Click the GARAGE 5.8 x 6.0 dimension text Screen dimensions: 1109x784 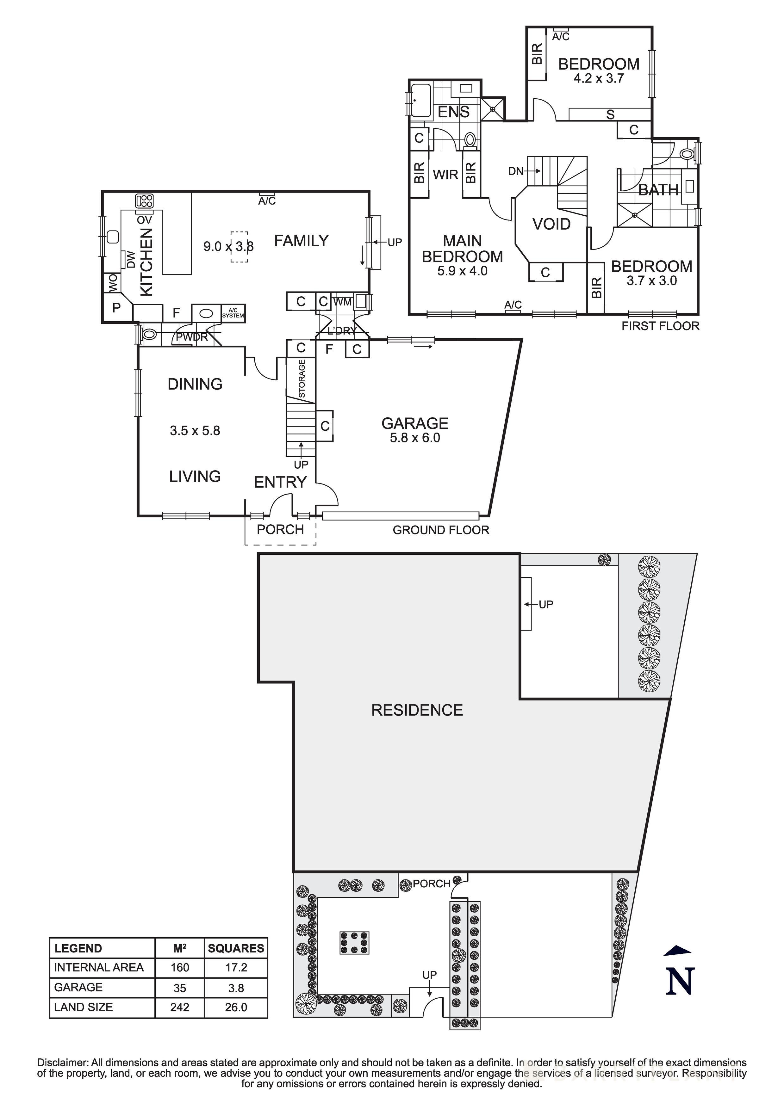[415, 438]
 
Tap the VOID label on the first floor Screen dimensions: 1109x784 [551, 224]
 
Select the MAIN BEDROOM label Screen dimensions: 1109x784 [462, 249]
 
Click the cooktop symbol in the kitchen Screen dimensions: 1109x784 [145, 200]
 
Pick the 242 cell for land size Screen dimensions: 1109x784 [179, 1007]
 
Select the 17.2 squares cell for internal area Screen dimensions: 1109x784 [236, 967]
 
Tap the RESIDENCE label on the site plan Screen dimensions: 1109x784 [417, 710]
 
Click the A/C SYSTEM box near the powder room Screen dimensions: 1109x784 [233, 313]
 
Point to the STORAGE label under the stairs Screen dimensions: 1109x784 [302, 379]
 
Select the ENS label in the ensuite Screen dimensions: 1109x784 [453, 112]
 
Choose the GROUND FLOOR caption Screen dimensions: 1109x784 [440, 530]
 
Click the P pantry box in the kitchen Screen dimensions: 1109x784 [116, 308]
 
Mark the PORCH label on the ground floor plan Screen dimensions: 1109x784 [280, 529]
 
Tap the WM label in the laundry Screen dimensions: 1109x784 [343, 302]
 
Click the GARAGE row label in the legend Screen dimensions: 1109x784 [78, 987]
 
